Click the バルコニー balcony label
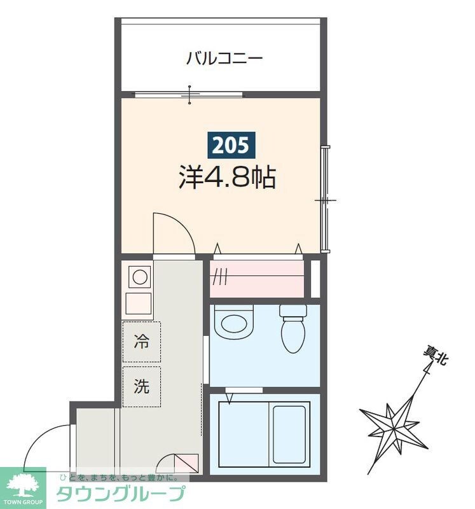point(224,59)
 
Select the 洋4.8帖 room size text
point(226,178)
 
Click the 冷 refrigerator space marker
point(141,342)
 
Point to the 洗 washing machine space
point(141,386)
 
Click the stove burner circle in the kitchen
point(139,277)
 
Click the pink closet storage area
point(257,277)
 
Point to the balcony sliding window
point(189,95)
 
